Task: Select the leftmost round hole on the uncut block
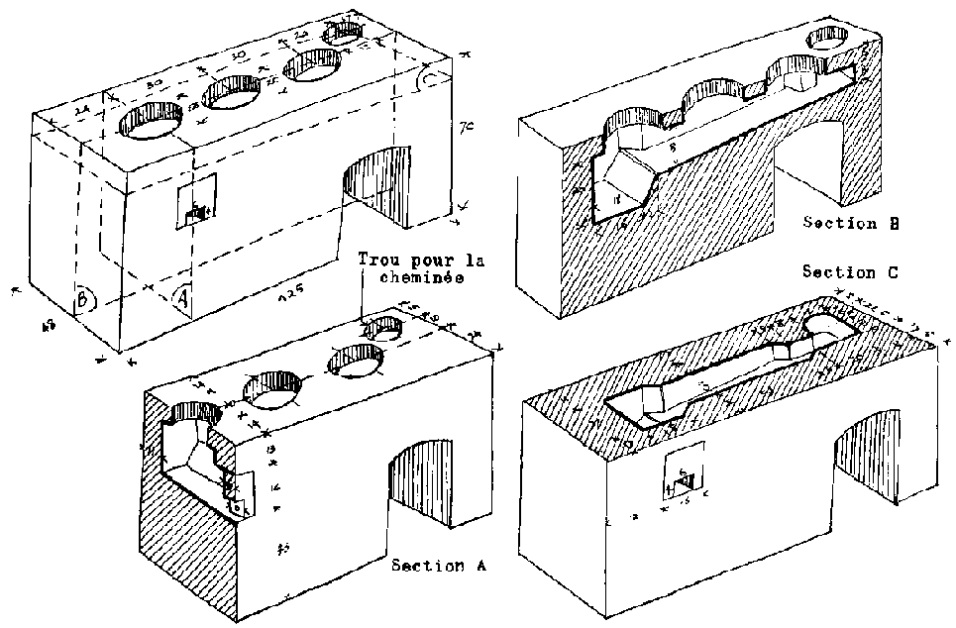[153, 126]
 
